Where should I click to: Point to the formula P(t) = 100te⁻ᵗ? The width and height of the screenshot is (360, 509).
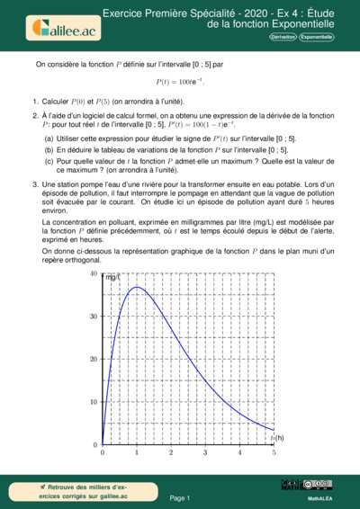[x=180, y=83]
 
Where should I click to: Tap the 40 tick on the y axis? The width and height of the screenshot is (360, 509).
[x=94, y=273]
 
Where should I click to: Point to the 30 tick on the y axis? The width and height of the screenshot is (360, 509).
[x=94, y=317]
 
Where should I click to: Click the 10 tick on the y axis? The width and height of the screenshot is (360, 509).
[x=94, y=402]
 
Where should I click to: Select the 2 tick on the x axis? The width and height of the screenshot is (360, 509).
[x=171, y=453]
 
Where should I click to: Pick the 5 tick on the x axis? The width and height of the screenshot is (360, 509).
[x=274, y=453]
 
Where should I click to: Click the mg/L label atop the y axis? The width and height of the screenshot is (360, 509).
[x=112, y=277]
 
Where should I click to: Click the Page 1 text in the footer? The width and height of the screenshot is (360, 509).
[x=180, y=497]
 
